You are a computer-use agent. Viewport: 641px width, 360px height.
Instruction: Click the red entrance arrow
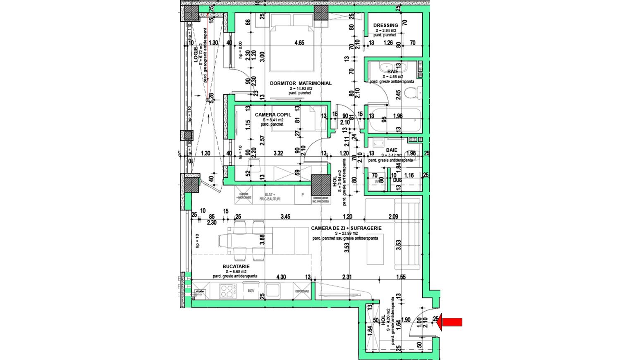click(x=451, y=322)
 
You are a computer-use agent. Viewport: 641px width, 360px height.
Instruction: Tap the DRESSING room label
click(x=385, y=25)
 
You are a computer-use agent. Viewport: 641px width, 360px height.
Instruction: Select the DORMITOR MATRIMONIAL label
click(x=301, y=83)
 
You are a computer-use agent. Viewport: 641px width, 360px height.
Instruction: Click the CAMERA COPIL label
click(x=273, y=114)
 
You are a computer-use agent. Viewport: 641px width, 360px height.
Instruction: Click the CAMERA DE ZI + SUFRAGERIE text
click(x=346, y=228)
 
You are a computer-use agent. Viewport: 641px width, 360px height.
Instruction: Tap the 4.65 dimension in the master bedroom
click(x=299, y=43)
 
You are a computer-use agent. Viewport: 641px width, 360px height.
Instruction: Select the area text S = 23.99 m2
click(x=346, y=233)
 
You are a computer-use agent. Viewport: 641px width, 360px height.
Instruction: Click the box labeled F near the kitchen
click(x=303, y=195)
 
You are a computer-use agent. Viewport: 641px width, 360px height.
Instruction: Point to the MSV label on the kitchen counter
click(x=251, y=291)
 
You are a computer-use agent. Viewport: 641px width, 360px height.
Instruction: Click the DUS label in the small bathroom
click(x=397, y=180)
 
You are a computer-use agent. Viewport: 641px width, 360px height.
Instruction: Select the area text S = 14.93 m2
click(x=301, y=88)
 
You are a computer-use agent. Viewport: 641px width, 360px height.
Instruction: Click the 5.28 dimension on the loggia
click(x=211, y=98)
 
